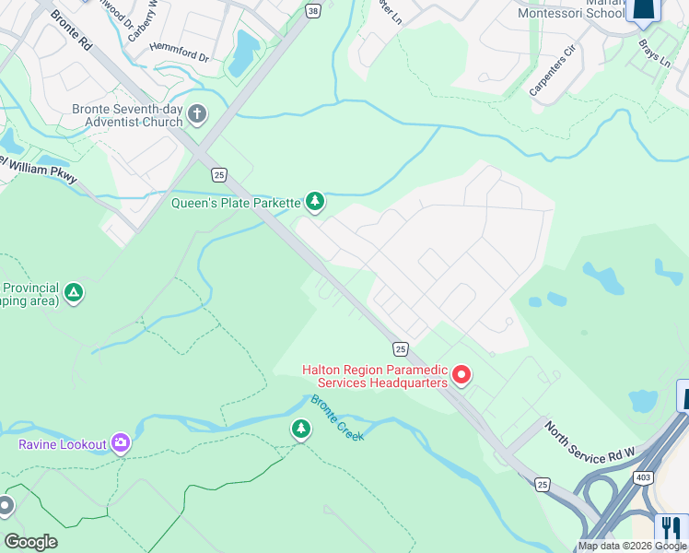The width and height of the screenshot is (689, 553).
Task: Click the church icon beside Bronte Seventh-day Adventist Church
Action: point(196,114)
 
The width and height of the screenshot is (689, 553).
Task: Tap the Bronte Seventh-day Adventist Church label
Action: point(127,115)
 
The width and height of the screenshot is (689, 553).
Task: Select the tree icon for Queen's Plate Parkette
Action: point(315,201)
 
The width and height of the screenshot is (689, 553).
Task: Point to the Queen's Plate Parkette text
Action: point(236,203)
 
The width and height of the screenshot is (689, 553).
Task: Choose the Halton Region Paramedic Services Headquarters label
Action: point(376,376)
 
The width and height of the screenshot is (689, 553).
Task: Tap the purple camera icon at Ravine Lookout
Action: point(121,443)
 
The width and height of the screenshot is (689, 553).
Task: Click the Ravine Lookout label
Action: point(63,444)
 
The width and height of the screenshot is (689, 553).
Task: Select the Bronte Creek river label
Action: point(337,418)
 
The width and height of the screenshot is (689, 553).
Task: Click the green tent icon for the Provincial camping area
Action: point(74,294)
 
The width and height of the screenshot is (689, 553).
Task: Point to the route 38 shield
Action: point(314,11)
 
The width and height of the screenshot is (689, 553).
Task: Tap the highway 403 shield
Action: point(644,477)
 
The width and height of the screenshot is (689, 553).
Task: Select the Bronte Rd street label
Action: point(71,29)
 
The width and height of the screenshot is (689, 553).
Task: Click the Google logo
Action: point(30,542)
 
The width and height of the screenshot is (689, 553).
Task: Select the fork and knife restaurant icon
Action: point(671,529)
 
